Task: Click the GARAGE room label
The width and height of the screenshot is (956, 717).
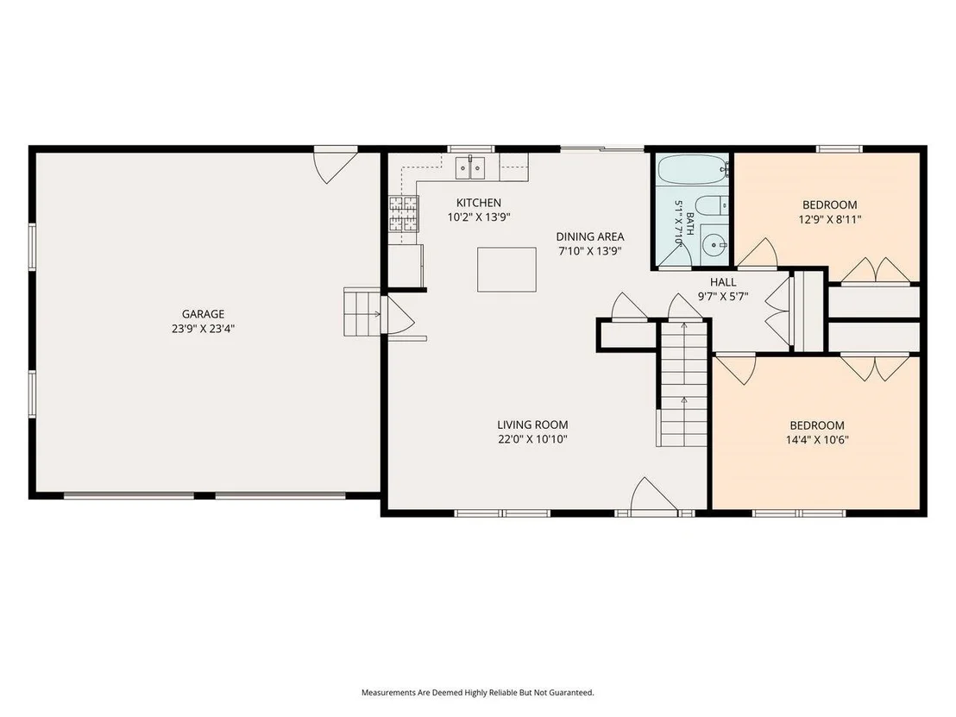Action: [x=203, y=314]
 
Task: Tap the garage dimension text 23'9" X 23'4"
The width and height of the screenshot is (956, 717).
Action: [x=203, y=329]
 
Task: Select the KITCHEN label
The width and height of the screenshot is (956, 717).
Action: [x=479, y=203]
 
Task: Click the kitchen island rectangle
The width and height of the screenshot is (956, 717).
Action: [x=506, y=269]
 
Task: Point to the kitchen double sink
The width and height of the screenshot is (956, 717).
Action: [x=471, y=167]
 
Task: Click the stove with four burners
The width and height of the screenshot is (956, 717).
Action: [x=404, y=214]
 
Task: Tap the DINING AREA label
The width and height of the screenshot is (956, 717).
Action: [x=589, y=236]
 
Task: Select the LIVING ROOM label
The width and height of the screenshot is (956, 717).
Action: [x=532, y=425]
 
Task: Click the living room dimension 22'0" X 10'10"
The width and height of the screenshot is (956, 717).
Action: [x=532, y=439]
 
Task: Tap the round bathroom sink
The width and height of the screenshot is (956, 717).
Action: [x=712, y=246]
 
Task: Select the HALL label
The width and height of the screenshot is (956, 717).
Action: [x=723, y=282]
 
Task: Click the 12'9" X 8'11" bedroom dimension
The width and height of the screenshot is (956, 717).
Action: [x=830, y=219]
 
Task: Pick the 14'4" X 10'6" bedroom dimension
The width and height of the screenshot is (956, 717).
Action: [x=817, y=439]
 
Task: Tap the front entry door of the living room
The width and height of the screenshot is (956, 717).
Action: [x=654, y=495]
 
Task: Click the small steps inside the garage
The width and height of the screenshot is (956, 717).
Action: [x=362, y=311]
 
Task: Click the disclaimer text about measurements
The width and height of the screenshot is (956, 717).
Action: [x=477, y=693]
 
